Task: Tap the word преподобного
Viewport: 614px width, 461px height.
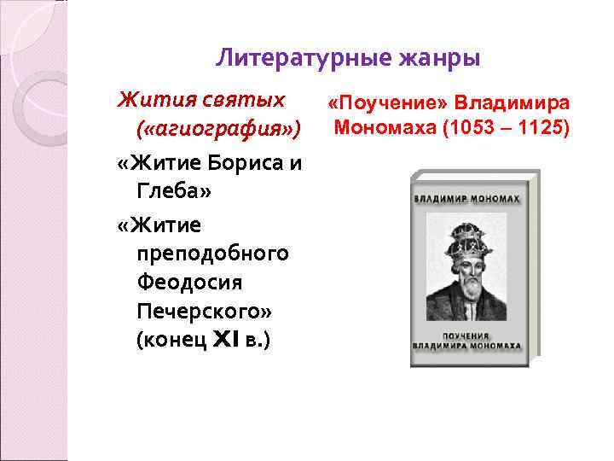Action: tap(212, 254)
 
